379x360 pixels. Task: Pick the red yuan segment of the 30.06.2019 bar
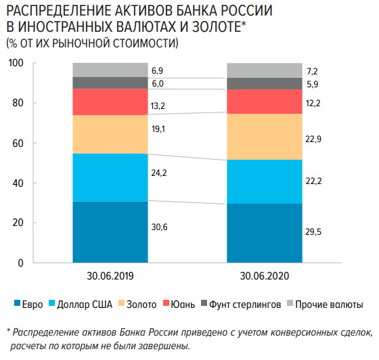coord(110,102)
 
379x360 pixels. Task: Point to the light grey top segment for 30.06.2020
coord(264,70)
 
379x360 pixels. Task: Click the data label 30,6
coord(160,227)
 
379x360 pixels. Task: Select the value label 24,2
coord(160,173)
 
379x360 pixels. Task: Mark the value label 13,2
coord(160,106)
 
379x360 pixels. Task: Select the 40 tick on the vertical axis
coord(19,183)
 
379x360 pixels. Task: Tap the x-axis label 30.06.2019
coord(110,277)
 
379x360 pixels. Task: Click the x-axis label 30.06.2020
coord(264,277)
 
